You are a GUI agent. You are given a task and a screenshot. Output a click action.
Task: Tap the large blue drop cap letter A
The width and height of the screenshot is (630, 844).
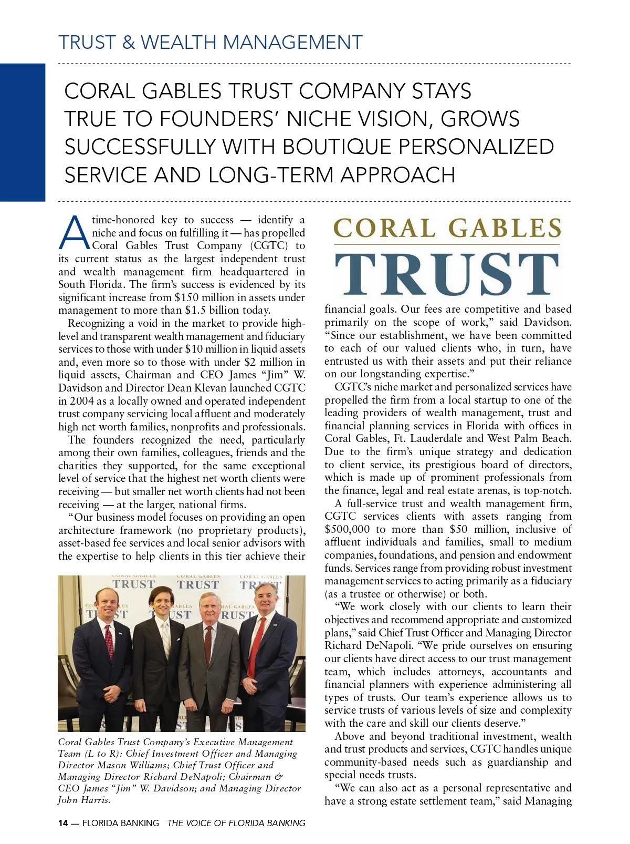click(74, 233)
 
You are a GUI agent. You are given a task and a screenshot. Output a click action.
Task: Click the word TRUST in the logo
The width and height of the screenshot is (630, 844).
click(447, 274)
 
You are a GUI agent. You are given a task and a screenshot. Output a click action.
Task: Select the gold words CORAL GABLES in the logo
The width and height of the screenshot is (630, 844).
click(447, 228)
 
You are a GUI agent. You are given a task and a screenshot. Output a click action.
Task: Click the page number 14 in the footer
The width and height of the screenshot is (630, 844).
click(63, 823)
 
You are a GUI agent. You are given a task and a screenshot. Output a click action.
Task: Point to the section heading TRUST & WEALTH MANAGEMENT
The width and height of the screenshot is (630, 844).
click(210, 42)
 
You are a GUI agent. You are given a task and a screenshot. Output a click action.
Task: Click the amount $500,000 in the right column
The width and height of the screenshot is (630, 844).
click(347, 529)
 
